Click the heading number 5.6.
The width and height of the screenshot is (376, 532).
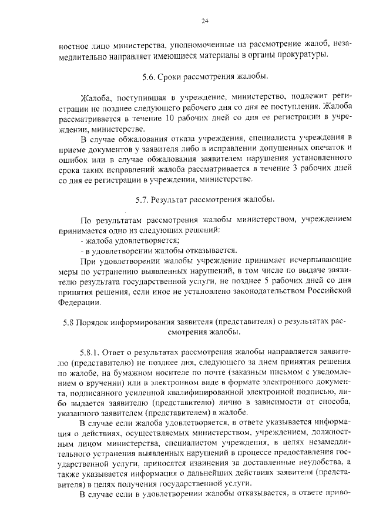pyautogui.click(x=147, y=76)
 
